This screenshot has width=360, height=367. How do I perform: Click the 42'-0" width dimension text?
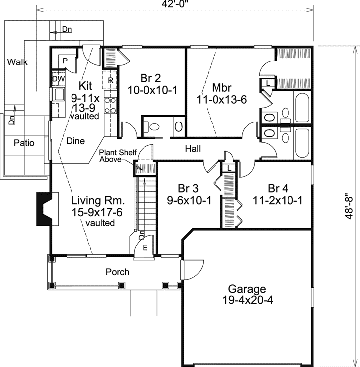click(x=175, y=4)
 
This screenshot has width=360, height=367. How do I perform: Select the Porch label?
click(x=118, y=272)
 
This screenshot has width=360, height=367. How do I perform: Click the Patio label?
click(x=24, y=143)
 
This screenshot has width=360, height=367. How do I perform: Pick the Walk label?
click(x=17, y=62)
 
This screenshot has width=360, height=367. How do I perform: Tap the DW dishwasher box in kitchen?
click(x=57, y=78)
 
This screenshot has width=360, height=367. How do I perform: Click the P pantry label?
click(x=65, y=60)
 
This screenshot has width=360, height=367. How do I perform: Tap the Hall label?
click(x=193, y=148)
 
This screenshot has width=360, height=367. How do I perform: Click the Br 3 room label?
click(x=188, y=188)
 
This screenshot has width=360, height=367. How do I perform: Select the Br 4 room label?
click(x=278, y=188)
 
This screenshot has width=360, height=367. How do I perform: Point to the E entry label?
click(x=144, y=248)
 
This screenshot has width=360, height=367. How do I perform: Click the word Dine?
click(x=75, y=140)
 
